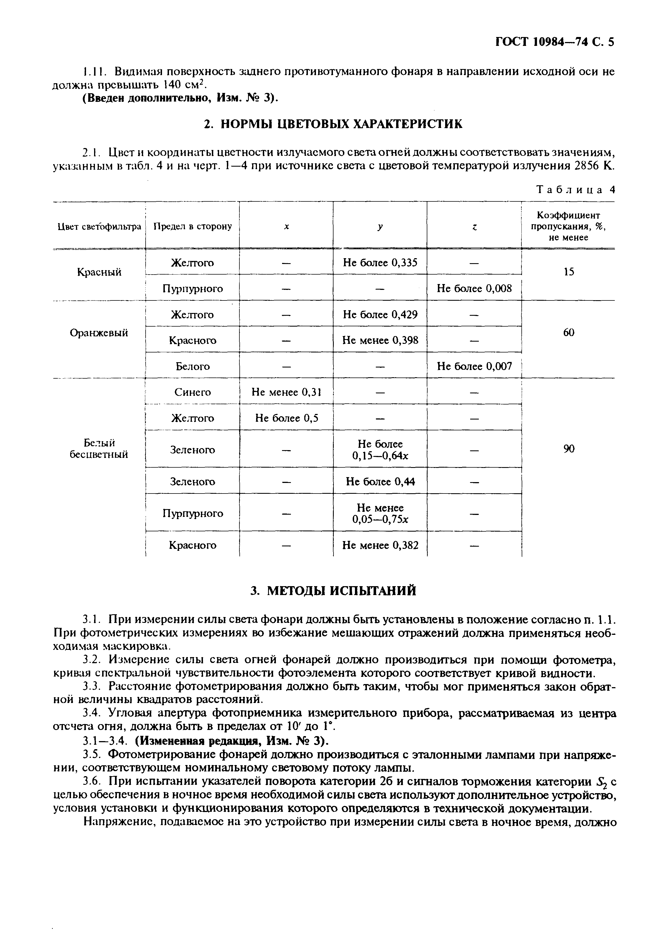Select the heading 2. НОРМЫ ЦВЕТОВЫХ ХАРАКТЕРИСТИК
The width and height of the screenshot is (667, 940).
click(333, 124)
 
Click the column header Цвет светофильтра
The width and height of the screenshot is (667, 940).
click(99, 226)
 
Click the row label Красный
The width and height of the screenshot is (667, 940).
click(99, 272)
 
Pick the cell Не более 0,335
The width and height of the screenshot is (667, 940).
click(380, 263)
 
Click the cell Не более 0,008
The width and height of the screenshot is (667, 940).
click(474, 288)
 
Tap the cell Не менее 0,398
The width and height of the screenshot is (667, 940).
click(380, 340)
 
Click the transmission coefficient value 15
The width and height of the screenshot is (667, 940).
click(568, 272)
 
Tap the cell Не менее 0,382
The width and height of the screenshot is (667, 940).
click(380, 545)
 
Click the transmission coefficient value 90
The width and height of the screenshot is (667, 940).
click(568, 449)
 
